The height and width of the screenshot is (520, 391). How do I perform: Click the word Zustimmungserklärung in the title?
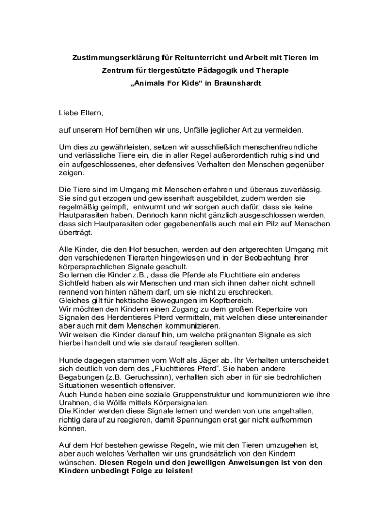[106, 58]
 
